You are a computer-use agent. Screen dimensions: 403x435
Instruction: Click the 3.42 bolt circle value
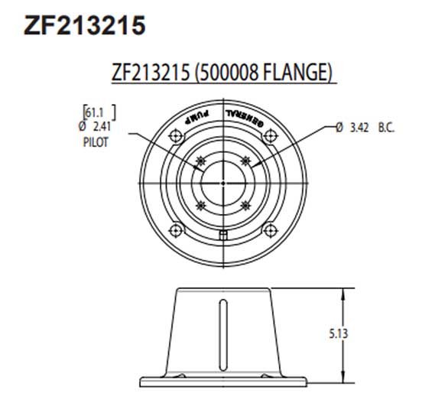tap(359, 128)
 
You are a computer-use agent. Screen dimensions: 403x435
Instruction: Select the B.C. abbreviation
tap(386, 128)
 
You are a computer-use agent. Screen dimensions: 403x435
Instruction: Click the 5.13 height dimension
tap(338, 333)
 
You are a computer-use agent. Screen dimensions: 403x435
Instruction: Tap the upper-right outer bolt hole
tap(268, 137)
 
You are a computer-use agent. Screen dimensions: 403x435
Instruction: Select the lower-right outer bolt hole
tap(268, 227)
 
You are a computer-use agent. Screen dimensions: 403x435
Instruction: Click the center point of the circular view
tap(222, 183)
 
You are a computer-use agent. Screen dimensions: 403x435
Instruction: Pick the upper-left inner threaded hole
tap(201, 161)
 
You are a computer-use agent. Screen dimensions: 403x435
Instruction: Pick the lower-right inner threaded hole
tap(245, 205)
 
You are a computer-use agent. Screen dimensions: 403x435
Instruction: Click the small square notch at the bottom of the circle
tap(222, 235)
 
